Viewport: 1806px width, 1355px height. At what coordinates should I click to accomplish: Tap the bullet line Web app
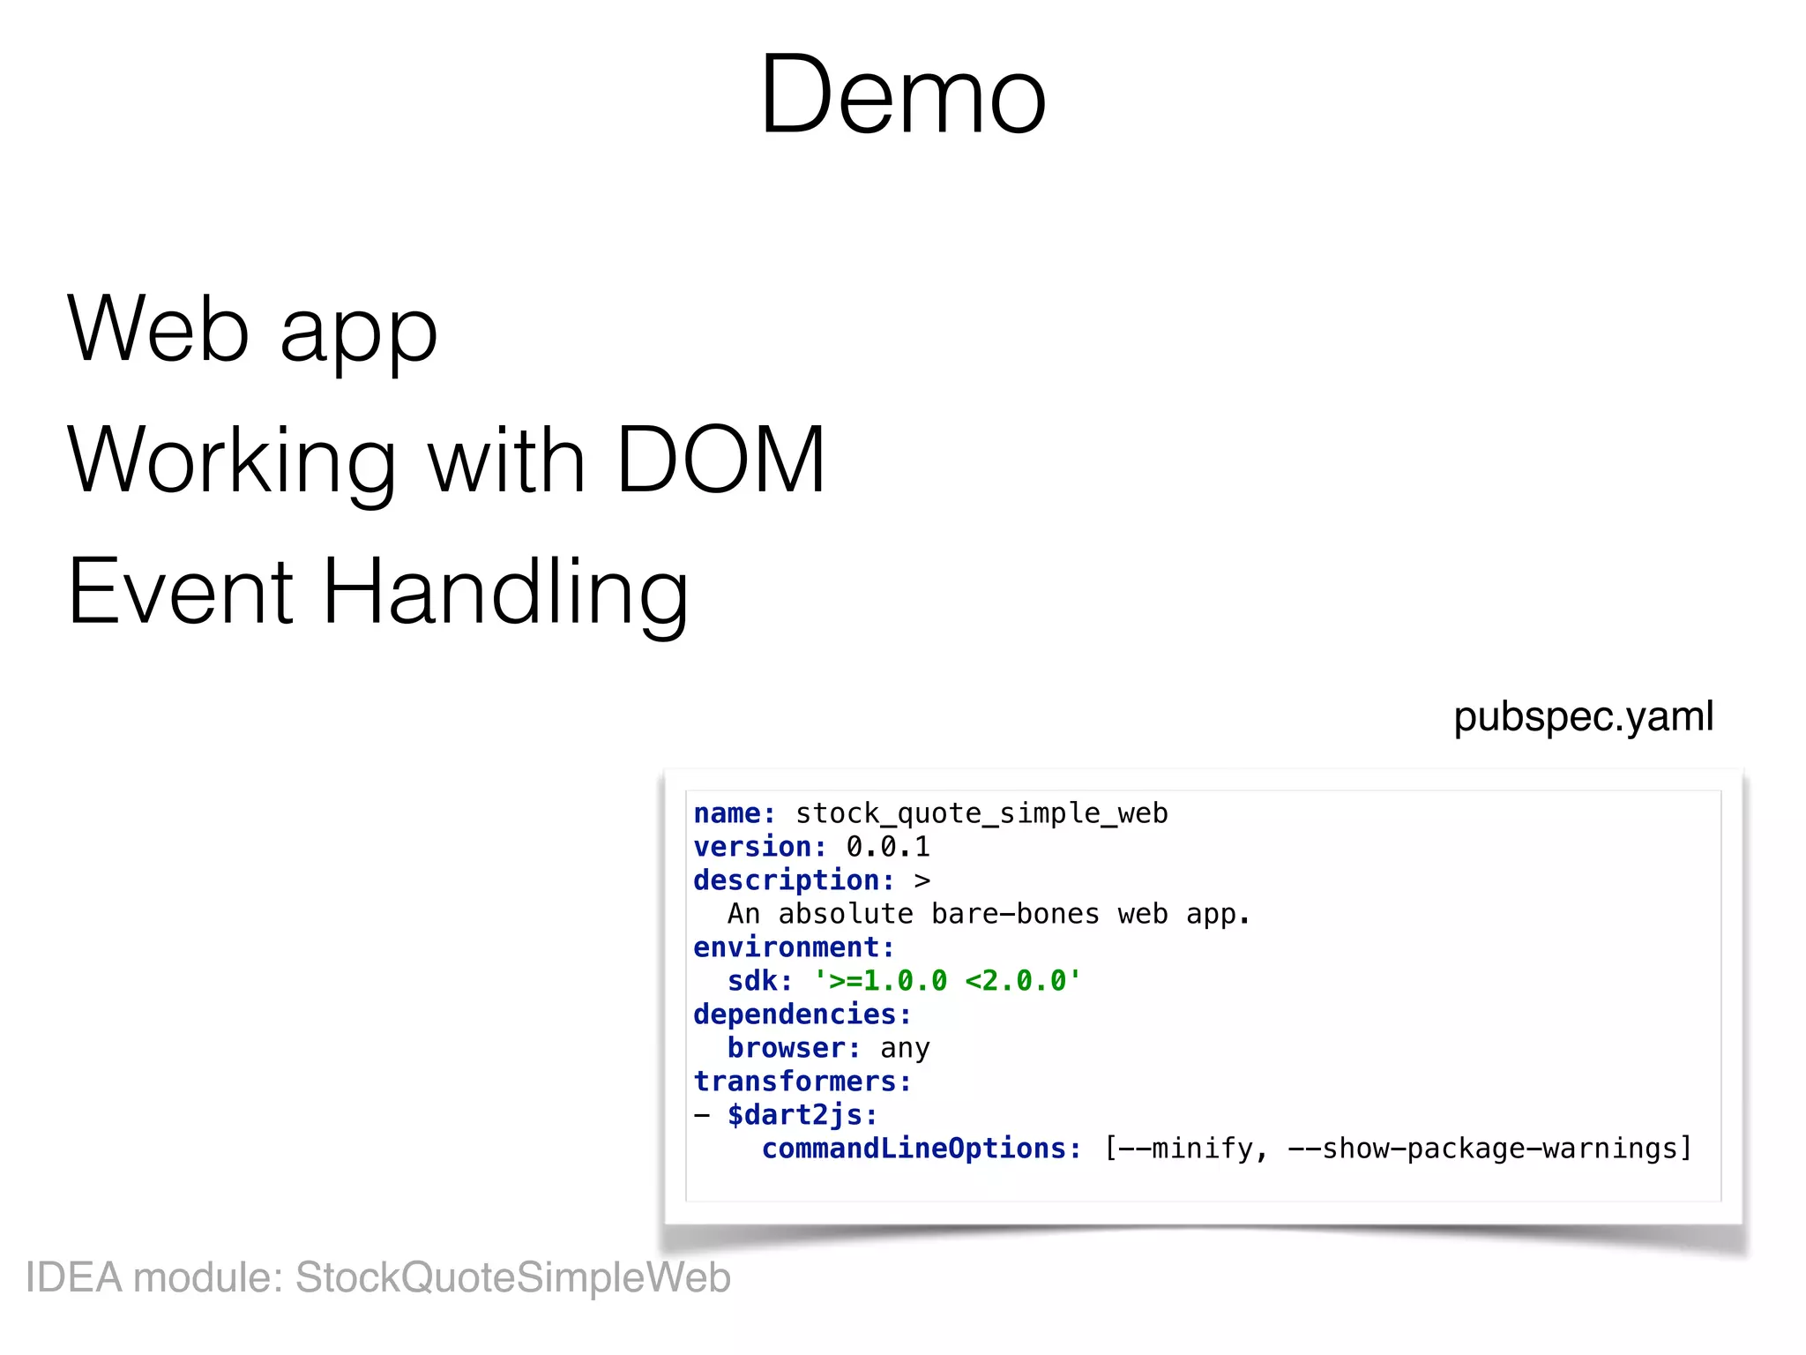252,331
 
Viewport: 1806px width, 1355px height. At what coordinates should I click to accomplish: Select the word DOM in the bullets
720,460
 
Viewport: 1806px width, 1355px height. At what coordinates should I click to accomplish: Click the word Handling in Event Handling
505,593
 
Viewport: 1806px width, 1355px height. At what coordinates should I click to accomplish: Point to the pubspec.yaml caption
1583,716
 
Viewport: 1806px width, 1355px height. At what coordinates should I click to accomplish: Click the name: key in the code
734,813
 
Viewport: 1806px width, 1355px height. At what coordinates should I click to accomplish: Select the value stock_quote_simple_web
981,813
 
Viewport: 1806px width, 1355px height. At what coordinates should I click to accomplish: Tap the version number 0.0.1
888,847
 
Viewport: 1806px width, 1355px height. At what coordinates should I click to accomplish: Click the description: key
794,880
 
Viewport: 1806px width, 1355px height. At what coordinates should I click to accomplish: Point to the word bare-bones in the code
1015,914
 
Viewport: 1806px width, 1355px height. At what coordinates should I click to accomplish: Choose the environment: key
794,947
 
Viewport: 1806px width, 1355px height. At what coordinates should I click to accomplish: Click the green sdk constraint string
947,981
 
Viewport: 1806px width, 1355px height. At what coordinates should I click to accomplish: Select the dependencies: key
802,1014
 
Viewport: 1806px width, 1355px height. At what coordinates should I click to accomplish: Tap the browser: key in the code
794,1048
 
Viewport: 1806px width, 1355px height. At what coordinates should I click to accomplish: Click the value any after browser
905,1049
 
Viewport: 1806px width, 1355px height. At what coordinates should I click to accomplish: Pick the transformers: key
802,1082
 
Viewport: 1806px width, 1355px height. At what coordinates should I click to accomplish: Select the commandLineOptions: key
922,1149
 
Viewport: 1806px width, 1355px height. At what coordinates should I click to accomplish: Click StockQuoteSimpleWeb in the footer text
512,1278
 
